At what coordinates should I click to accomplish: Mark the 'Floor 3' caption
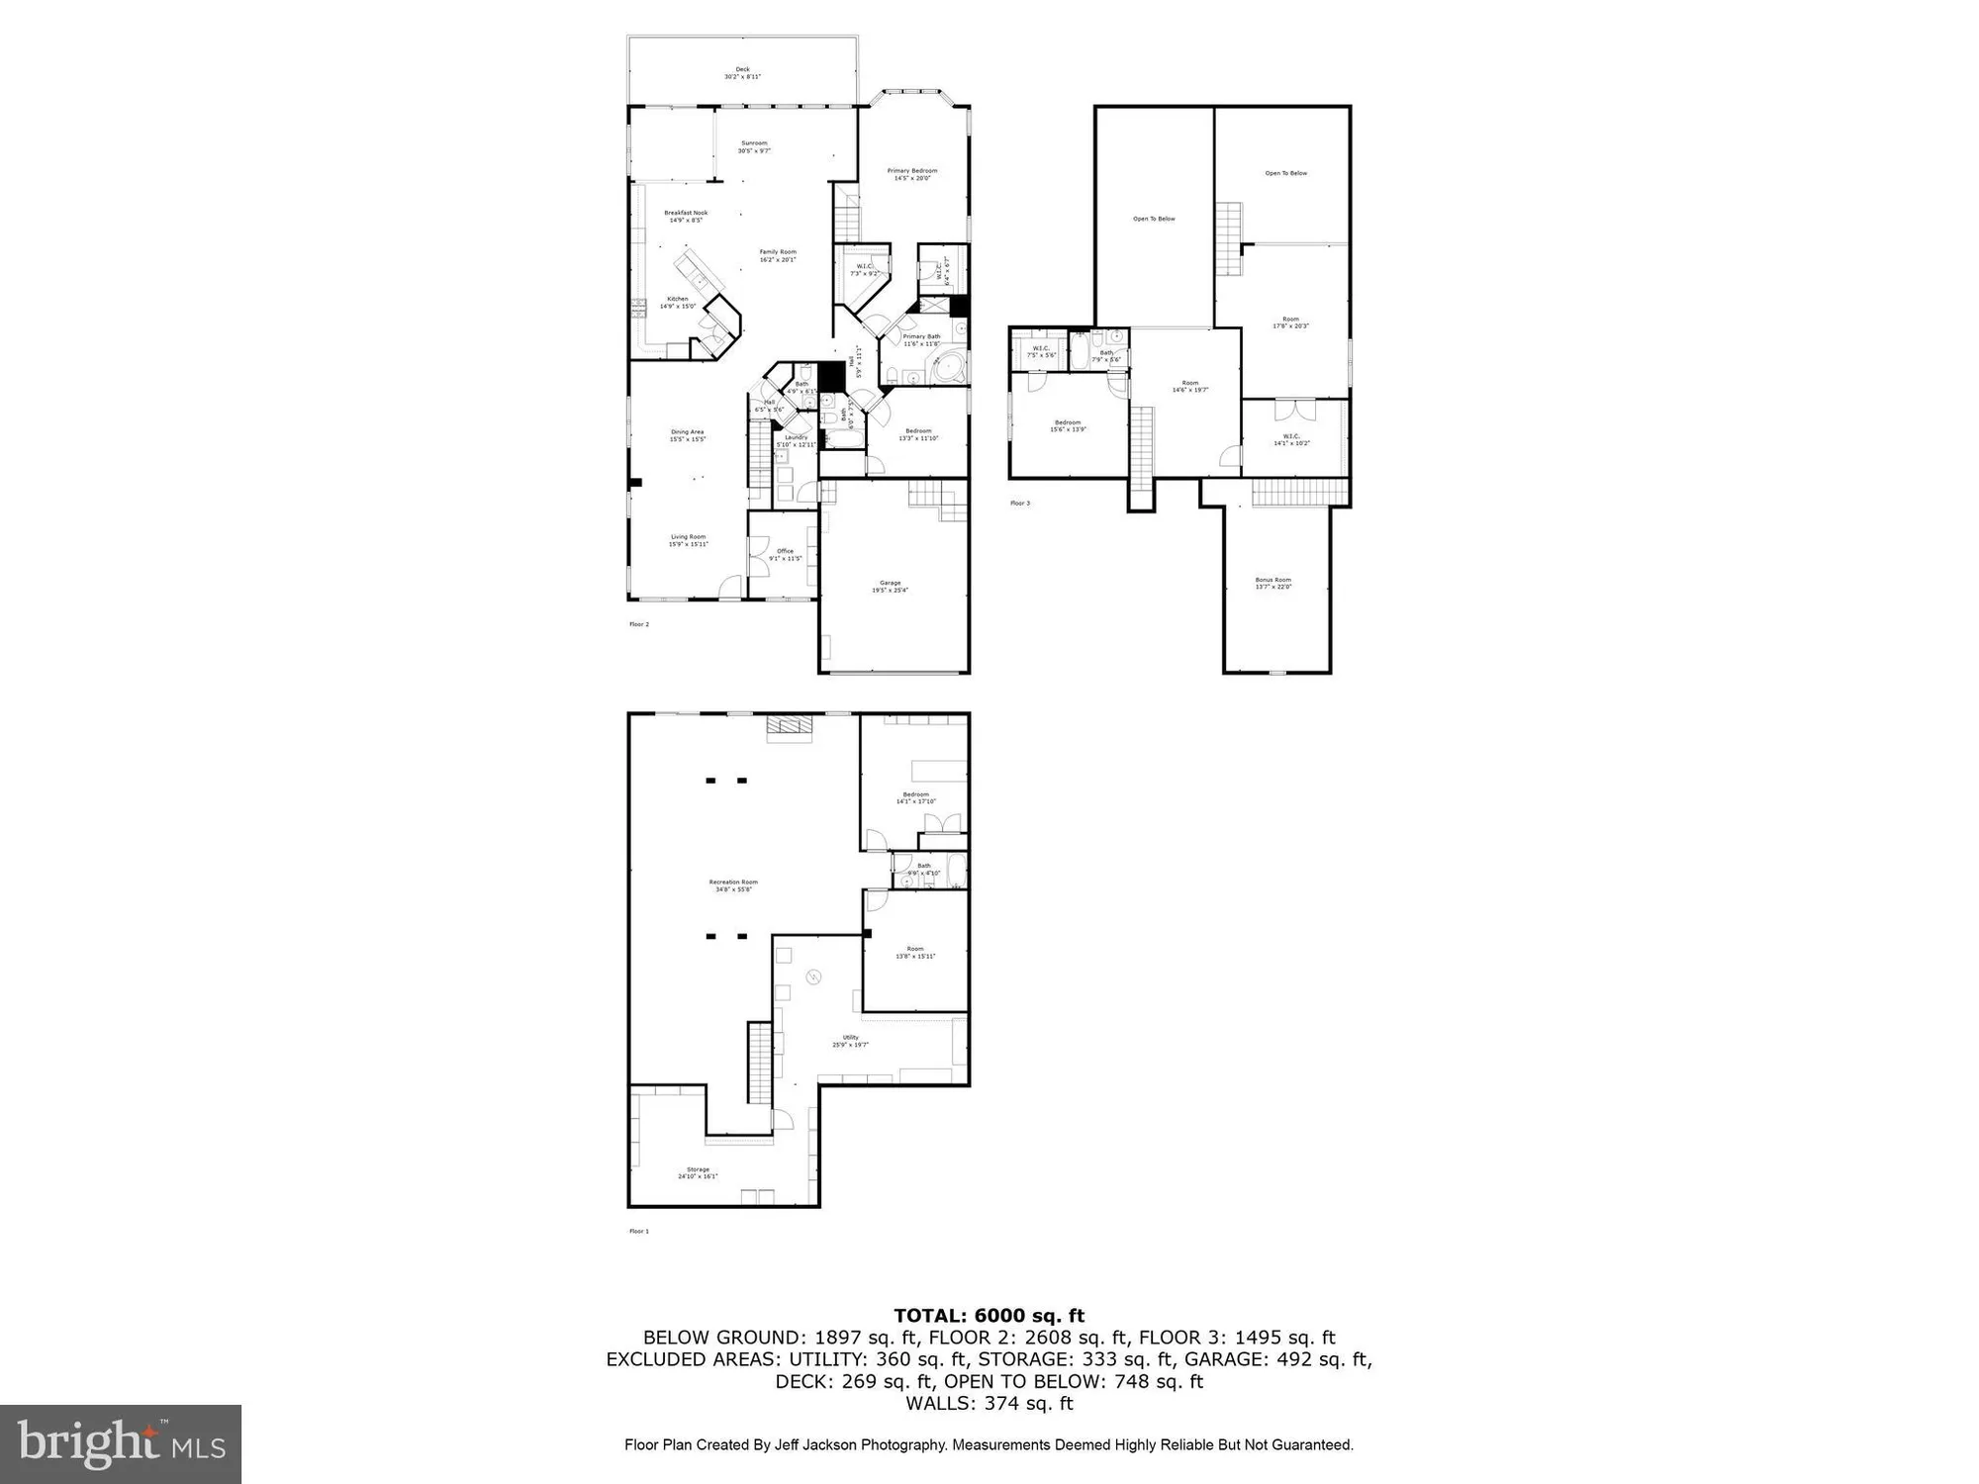(1019, 504)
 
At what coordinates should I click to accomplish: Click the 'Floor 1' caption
(639, 1232)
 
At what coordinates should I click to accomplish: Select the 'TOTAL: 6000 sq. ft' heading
(989, 1316)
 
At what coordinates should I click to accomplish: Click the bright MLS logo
(121, 1443)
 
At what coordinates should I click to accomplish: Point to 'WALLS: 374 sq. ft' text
(989, 1403)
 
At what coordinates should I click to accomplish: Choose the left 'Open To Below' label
(1154, 219)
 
